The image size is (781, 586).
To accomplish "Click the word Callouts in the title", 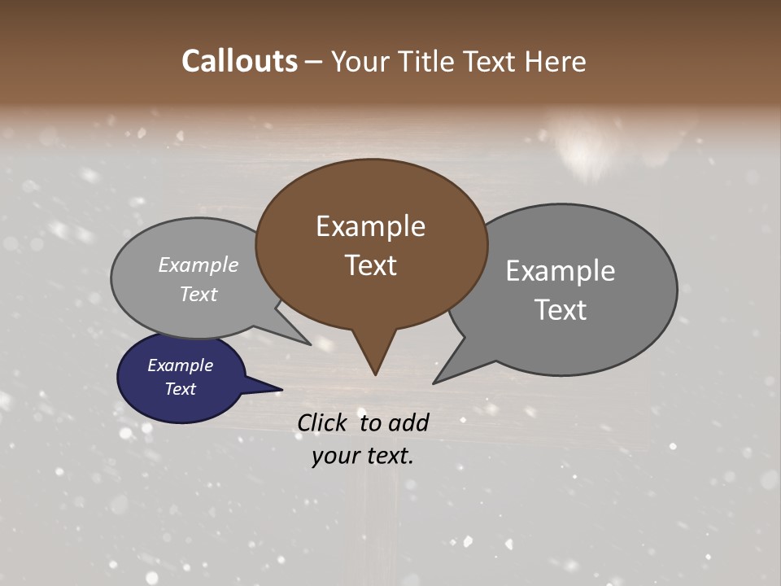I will [x=239, y=61].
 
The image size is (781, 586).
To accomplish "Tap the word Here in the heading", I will [x=556, y=61].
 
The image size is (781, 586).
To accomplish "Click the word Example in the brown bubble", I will [x=370, y=226].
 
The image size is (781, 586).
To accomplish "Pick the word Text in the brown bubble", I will [x=370, y=265].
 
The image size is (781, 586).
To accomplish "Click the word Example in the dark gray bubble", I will [x=560, y=270].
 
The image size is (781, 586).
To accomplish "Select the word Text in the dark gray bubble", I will [x=560, y=310].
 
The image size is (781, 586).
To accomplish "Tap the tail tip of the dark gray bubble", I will [x=434, y=382].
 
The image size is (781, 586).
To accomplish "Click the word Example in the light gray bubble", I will [x=199, y=265].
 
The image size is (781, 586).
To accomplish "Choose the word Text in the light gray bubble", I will [x=199, y=294].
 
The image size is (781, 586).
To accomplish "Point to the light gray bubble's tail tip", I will [x=310, y=344].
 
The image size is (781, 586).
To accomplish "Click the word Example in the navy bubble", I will [x=180, y=365].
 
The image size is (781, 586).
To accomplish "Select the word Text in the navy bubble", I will [x=180, y=389].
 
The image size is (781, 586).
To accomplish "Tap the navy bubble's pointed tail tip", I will [x=281, y=390].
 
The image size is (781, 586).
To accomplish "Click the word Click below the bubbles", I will [x=324, y=422].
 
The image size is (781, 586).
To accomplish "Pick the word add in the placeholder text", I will [x=408, y=422].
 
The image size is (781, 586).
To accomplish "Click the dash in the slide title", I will [x=314, y=61].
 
